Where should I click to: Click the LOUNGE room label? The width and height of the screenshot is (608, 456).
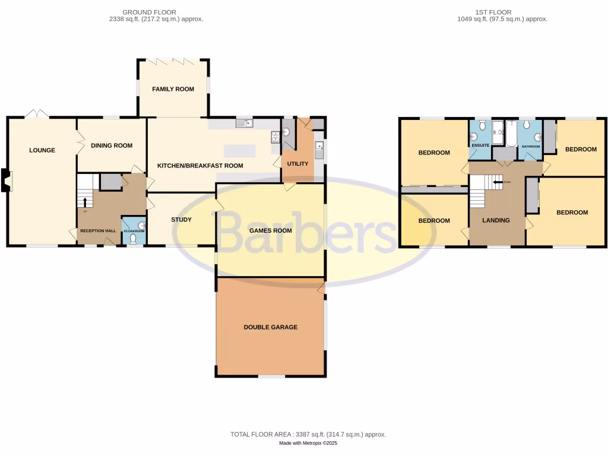point(42,150)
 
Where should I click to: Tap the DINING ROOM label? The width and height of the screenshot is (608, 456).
point(111,145)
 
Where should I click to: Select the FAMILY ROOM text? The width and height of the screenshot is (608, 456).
point(173,89)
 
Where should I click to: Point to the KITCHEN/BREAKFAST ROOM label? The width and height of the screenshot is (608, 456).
point(200,166)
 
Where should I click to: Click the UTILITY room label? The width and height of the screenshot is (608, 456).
point(297,163)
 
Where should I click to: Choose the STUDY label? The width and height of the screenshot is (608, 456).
point(181,220)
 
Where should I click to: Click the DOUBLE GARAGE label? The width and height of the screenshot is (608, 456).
point(270,327)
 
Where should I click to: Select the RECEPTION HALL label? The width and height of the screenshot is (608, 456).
point(97,230)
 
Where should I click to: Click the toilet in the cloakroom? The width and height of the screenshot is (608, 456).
point(133,238)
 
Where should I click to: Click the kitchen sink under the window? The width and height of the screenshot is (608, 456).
point(244,123)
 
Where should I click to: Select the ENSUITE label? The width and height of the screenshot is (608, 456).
point(480,145)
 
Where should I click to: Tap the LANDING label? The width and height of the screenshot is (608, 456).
point(496,220)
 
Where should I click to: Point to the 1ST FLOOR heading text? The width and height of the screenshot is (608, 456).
point(493,12)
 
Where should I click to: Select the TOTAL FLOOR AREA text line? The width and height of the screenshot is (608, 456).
point(308,435)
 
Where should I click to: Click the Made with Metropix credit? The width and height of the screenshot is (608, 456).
point(308,444)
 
